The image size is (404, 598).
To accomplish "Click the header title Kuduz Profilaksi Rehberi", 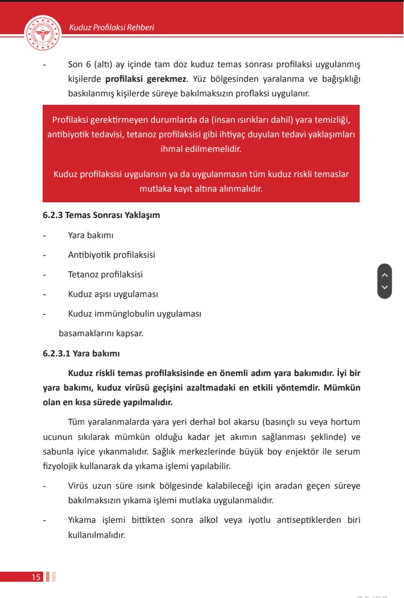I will tap(111, 27).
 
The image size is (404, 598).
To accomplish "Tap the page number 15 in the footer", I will tap(36, 577).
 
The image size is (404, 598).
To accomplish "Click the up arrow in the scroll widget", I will tap(384, 275).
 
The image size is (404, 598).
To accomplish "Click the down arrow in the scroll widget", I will tap(384, 288).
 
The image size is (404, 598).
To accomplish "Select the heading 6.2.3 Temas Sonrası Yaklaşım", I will tap(101, 215).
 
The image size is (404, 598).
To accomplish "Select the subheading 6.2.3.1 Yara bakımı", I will tap(81, 354).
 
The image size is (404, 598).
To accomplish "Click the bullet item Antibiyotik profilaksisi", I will tap(111, 255).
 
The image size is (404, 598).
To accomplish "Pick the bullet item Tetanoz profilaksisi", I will tap(105, 275).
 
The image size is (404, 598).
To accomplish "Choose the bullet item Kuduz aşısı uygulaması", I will tap(113, 294).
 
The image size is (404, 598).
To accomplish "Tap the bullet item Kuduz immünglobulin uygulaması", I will tap(134, 314).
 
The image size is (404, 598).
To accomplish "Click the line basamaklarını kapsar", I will tap(101, 333).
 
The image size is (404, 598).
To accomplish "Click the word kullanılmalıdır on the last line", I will tap(96, 535).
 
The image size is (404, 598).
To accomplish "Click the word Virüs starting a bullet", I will tap(79, 486).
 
